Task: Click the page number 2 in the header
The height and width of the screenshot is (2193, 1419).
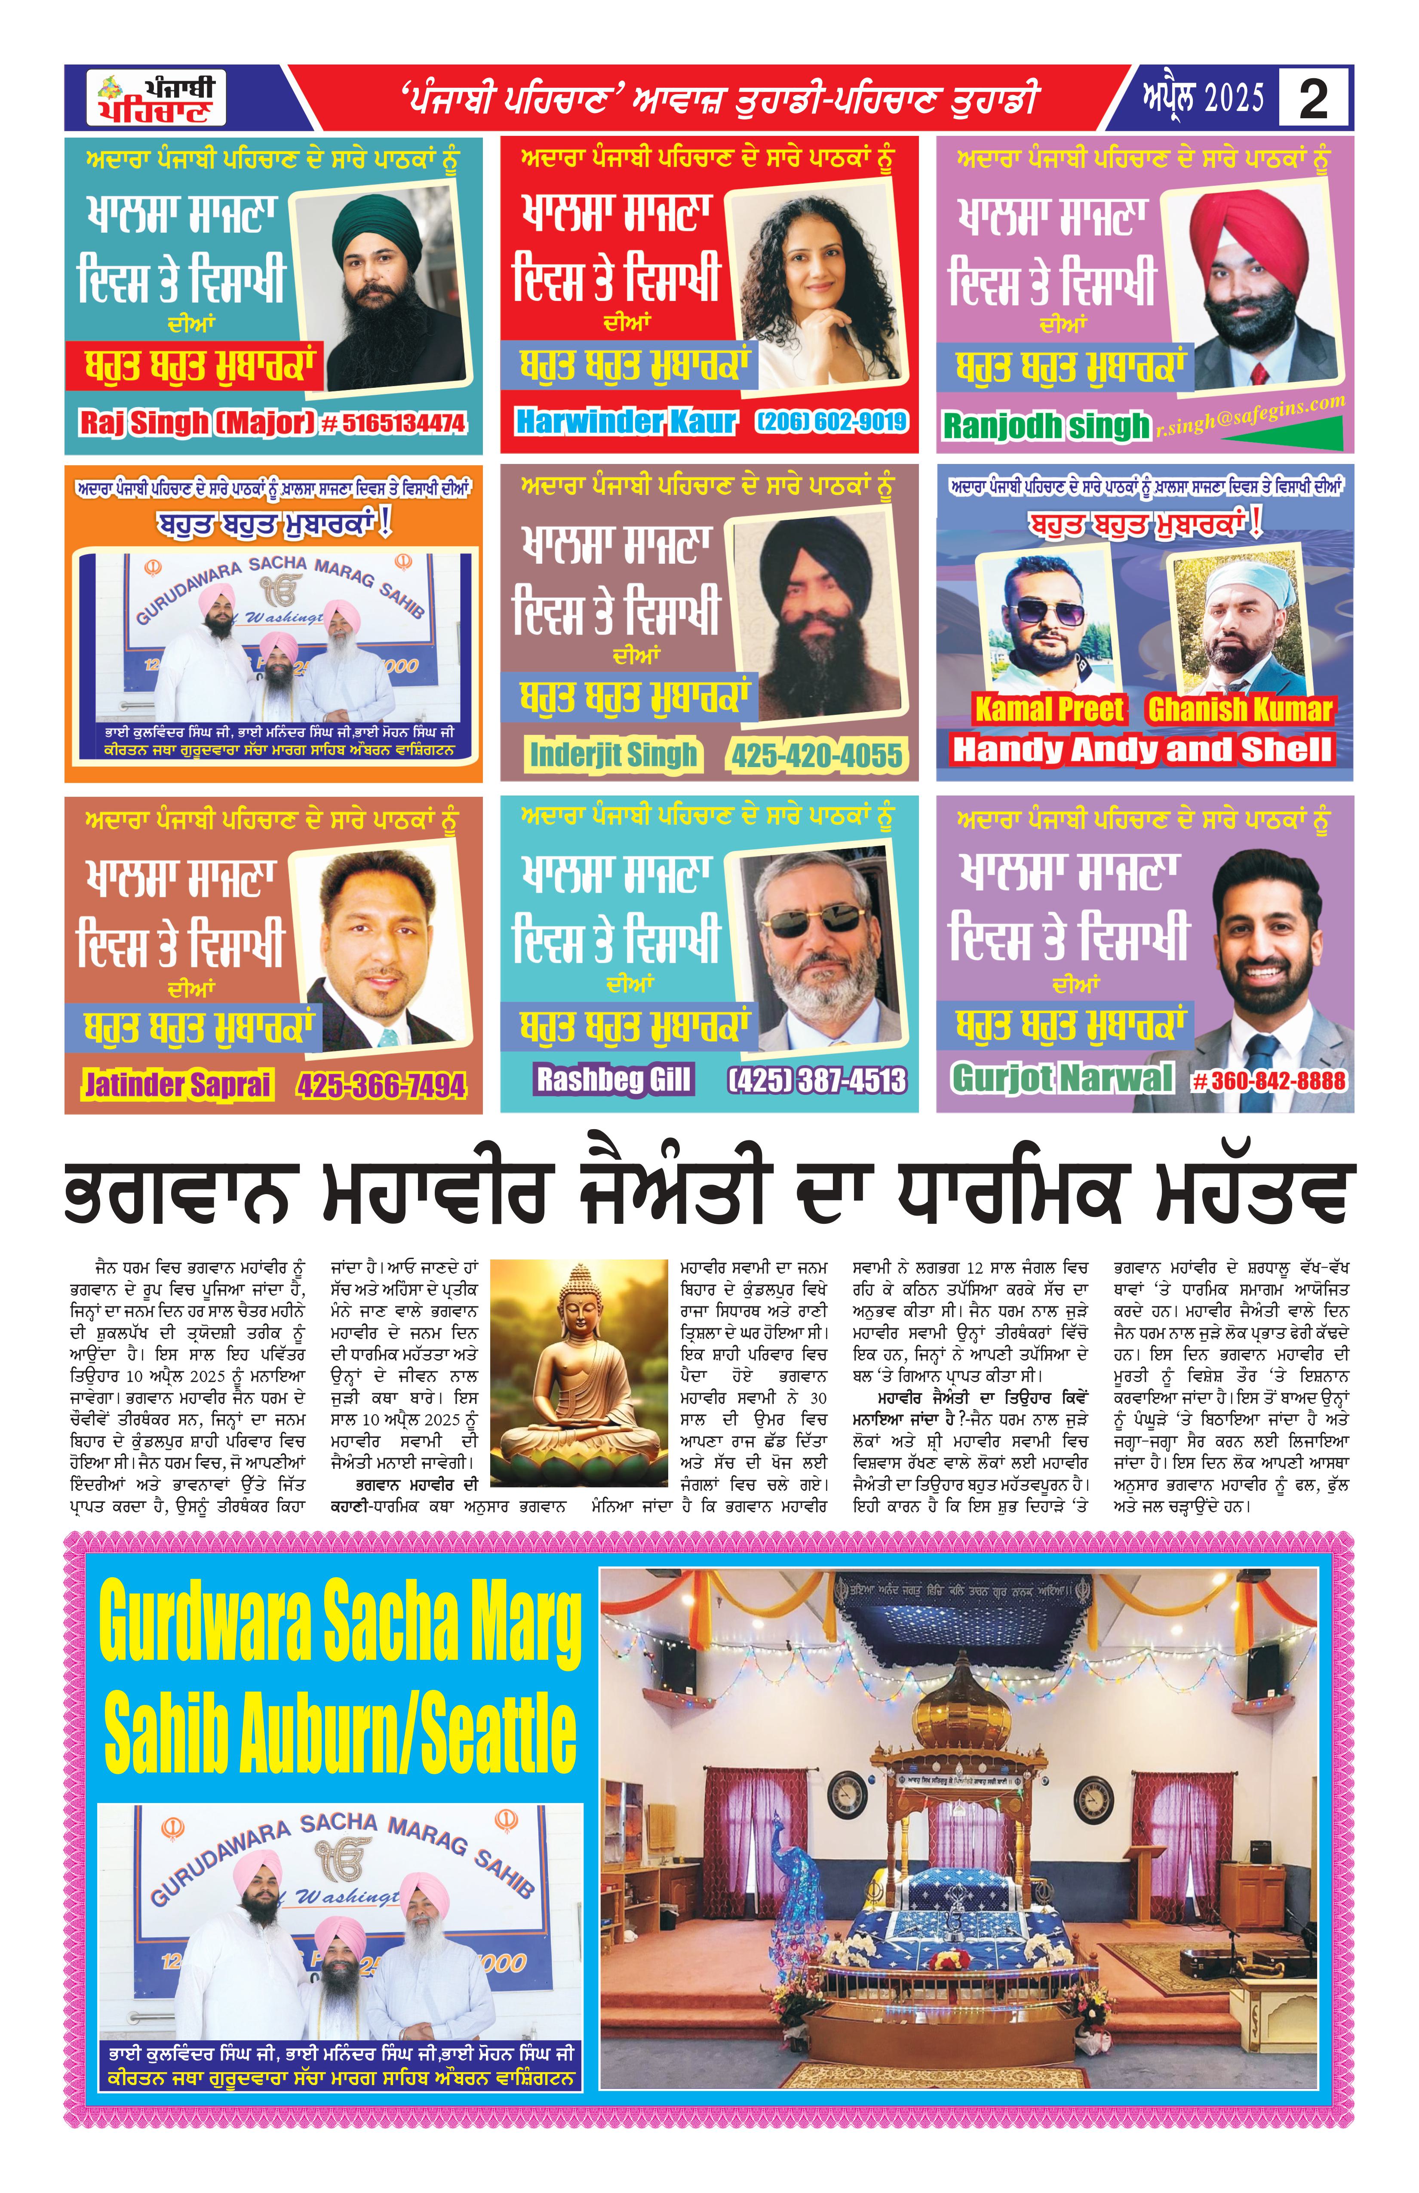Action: (1313, 98)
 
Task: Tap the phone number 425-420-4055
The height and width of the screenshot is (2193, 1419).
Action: (817, 756)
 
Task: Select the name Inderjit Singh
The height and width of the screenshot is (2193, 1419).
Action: (613, 755)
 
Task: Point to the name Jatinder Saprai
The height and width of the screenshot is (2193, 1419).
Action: (178, 1084)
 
